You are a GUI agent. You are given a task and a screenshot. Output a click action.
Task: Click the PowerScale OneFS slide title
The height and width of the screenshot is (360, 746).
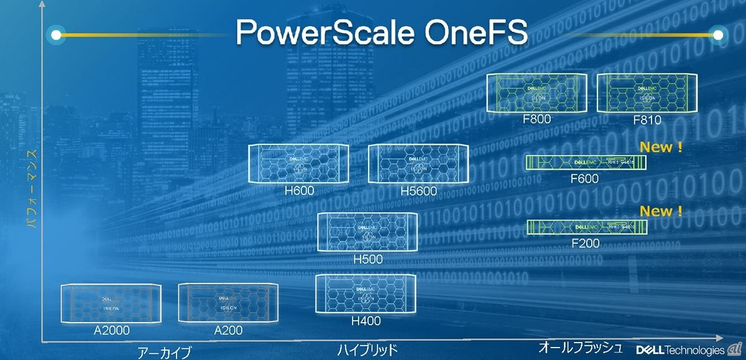point(383,33)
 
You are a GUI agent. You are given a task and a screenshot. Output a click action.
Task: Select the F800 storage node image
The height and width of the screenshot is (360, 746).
point(536,93)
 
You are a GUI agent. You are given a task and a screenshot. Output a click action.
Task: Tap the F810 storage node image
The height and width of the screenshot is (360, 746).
point(647,93)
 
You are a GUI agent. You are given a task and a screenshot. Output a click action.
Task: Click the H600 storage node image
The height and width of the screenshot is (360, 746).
point(298,164)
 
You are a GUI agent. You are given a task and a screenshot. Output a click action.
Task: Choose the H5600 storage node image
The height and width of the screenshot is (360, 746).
point(417,164)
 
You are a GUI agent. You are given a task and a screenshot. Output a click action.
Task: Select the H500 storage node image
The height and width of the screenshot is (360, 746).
point(367,232)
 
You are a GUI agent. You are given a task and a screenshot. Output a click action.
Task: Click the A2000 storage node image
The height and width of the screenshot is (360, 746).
point(111,303)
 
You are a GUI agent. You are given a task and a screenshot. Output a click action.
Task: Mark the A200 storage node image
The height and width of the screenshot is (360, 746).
point(228,303)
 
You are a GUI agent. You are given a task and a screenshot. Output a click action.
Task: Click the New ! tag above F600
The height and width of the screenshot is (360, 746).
point(661,147)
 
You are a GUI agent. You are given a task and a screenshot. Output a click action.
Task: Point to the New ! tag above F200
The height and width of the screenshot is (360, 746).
point(661,211)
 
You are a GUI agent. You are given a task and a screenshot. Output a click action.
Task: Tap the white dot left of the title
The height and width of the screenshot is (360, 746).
point(56,35)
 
